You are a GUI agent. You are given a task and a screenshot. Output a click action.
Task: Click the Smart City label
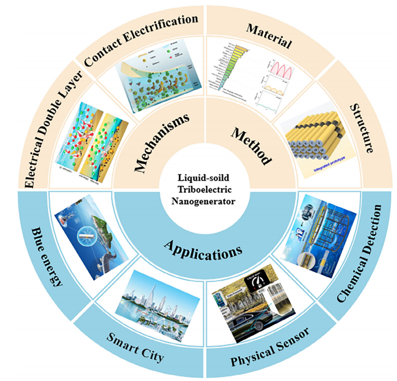[136, 348]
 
